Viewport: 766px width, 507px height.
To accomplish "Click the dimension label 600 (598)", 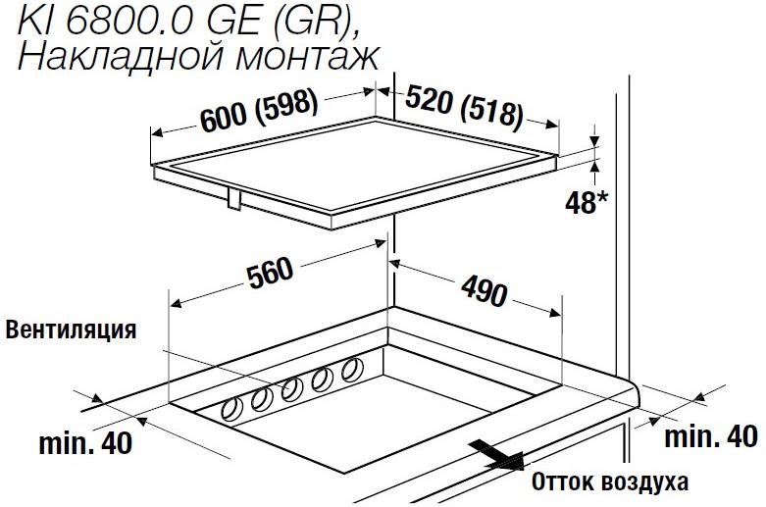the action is (259, 112).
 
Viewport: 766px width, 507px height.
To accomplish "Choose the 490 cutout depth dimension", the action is (485, 290).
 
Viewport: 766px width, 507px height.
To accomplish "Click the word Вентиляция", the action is (71, 330).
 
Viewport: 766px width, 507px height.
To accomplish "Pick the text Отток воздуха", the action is (610, 482).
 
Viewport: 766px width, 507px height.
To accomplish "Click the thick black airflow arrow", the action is (496, 455).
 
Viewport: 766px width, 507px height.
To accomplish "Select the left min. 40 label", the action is (85, 443).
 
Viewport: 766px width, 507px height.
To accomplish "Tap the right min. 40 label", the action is (711, 436).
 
